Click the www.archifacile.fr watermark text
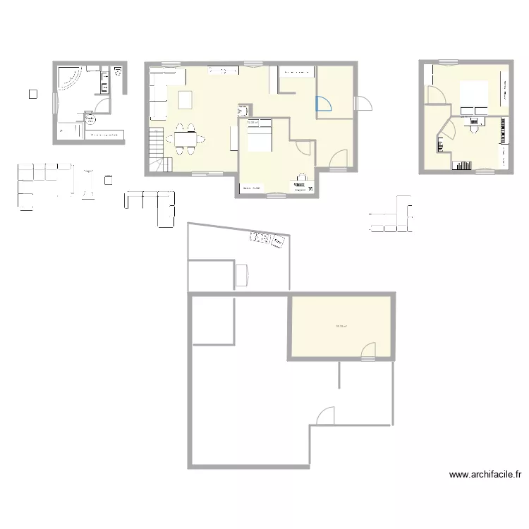coord(485,475)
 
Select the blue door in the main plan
coord(323,104)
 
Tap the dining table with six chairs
coord(186,139)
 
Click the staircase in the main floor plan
coord(157,149)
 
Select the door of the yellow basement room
coord(368,351)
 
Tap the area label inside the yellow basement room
coord(342,326)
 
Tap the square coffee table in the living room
coord(186,101)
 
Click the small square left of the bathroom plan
coord(32,93)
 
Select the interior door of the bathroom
coord(102,105)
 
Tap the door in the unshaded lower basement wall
coord(326,417)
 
